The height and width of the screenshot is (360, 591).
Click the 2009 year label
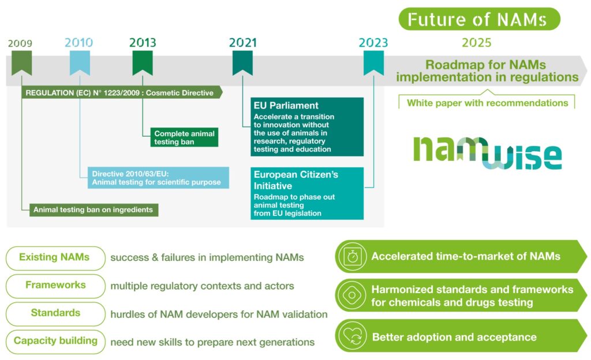pos(20,43)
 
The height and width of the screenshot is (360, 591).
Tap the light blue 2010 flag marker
pos(80,62)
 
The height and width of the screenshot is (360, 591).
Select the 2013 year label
pos(143,43)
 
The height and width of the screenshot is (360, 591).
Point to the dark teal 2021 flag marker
pos(242,62)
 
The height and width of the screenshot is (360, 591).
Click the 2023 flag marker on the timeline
pos(373,62)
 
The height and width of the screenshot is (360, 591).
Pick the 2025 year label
pos(476,43)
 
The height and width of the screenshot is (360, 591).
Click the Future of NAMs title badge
pos(480,19)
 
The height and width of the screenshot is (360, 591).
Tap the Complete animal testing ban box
pos(184,137)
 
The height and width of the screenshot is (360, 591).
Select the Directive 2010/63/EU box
pos(158,178)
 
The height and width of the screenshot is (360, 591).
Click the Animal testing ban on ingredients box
pos(94,210)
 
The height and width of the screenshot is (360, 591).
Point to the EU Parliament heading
pos(286,106)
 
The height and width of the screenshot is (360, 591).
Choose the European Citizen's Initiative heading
pos(296,180)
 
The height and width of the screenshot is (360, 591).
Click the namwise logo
pos(487,152)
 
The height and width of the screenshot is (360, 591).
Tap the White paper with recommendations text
pos(487,103)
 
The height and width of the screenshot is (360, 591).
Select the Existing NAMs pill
pos(55,258)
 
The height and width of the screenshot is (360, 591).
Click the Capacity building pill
pos(55,342)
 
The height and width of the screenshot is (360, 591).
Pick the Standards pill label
pos(55,313)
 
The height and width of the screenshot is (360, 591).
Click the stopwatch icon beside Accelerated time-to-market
pos(352,257)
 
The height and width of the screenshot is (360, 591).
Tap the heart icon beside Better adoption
pos(352,336)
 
